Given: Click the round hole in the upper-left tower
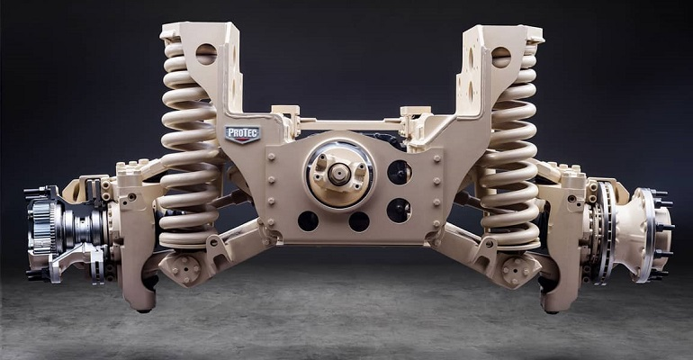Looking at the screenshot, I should coord(205,53).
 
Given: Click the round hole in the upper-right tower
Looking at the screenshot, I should coord(500,56).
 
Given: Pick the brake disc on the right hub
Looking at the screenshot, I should coord(605,230).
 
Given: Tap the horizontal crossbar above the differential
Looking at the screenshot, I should coord(346,123).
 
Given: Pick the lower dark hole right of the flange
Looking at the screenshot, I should coord(399,210).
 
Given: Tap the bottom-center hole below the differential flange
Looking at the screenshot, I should coord(358,221).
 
